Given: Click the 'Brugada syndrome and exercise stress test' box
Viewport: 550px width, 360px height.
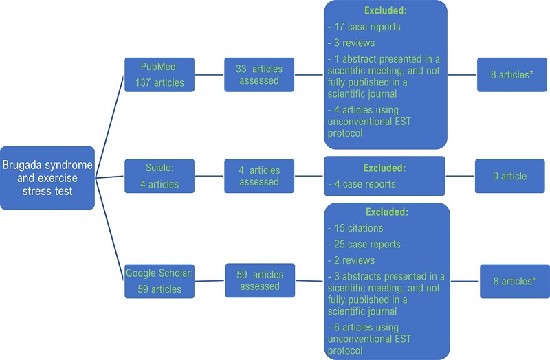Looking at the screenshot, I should click(47, 177).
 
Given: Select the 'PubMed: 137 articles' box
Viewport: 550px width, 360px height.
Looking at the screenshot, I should click(159, 75).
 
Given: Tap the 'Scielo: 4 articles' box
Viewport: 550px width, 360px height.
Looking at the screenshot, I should click(159, 176).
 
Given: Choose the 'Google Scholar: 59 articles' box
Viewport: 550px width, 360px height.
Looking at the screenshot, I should click(159, 280).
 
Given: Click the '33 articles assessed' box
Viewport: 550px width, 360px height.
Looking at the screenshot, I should click(259, 74).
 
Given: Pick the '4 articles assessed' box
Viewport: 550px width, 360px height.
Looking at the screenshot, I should click(259, 176).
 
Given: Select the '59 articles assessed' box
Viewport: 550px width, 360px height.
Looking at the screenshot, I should click(259, 280).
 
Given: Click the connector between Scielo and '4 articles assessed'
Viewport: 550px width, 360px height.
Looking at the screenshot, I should click(208, 176).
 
